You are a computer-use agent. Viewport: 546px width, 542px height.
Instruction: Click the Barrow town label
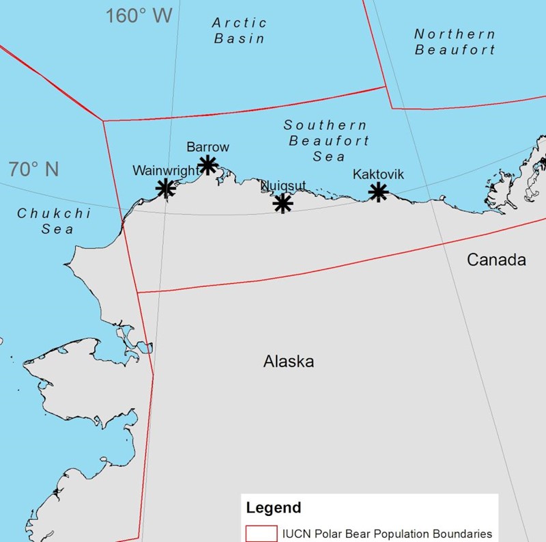pyautogui.click(x=208, y=147)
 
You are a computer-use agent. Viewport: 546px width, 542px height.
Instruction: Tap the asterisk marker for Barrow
pyautogui.click(x=208, y=164)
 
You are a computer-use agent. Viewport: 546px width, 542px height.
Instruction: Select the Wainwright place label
pyautogui.click(x=167, y=170)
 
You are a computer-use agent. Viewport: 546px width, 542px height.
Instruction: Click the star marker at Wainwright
pyautogui.click(x=165, y=187)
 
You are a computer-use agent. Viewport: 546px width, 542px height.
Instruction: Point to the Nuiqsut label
pyautogui.click(x=284, y=185)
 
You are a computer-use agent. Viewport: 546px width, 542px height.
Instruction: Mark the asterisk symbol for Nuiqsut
pyautogui.click(x=283, y=203)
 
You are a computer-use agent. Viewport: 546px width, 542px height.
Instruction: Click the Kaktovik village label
pyautogui.click(x=378, y=174)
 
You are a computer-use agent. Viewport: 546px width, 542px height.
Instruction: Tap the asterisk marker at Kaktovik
pyautogui.click(x=378, y=192)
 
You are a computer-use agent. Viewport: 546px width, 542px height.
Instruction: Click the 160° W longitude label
pyautogui.click(x=139, y=16)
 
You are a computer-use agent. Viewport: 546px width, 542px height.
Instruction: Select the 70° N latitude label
pyautogui.click(x=33, y=169)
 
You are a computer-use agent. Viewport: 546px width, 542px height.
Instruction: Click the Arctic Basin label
pyautogui.click(x=239, y=31)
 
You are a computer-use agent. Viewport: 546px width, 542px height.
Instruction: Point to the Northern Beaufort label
pyautogui.click(x=455, y=42)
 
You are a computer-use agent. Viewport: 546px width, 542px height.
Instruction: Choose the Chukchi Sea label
pyautogui.click(x=55, y=221)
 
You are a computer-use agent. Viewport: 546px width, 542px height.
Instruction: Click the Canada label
pyautogui.click(x=496, y=260)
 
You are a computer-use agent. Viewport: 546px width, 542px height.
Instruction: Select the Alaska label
pyautogui.click(x=289, y=362)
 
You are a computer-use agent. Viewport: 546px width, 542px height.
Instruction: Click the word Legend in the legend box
pyautogui.click(x=273, y=508)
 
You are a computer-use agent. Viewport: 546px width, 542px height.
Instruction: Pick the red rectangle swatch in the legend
pyautogui.click(x=261, y=533)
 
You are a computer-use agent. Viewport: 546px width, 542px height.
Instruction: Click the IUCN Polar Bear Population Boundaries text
pyautogui.click(x=387, y=534)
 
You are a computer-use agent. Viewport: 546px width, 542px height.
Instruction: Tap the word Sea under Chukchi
pyautogui.click(x=57, y=230)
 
